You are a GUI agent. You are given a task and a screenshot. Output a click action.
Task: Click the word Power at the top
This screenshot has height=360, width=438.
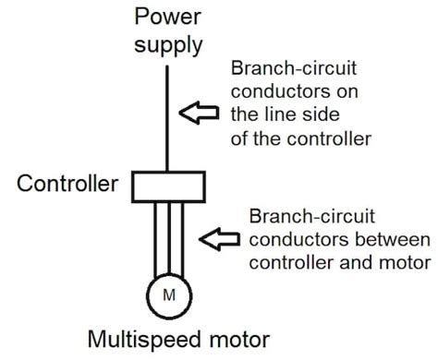(x=166, y=17)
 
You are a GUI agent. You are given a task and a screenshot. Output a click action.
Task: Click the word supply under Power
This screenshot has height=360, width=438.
(x=166, y=43)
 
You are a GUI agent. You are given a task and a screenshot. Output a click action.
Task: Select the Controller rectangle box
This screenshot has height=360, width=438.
(x=166, y=186)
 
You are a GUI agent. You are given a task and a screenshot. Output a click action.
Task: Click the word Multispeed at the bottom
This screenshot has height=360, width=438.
(x=138, y=340)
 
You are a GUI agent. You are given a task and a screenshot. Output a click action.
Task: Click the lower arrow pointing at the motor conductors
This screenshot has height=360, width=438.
(x=222, y=240)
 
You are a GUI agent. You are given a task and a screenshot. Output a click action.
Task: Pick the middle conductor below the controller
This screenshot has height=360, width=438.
(x=166, y=240)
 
